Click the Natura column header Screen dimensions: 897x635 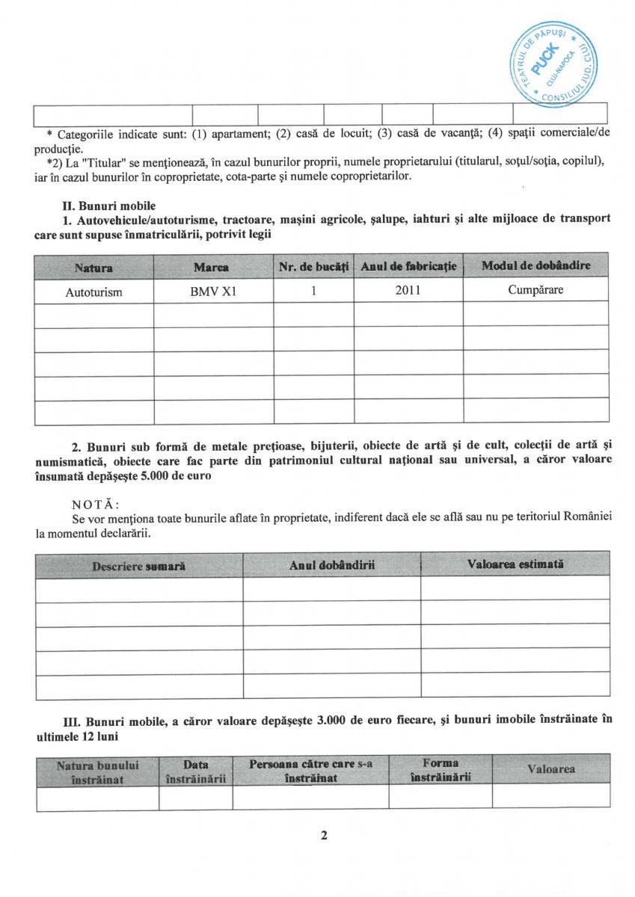(x=93, y=267)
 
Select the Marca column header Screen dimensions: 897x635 (x=213, y=267)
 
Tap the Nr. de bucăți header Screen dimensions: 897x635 (x=313, y=267)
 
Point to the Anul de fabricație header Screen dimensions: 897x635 (x=408, y=267)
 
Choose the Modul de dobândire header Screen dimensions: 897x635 (x=536, y=266)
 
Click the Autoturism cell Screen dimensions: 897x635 (x=93, y=292)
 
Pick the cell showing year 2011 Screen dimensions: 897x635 (x=408, y=291)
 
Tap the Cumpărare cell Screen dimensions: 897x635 (x=536, y=291)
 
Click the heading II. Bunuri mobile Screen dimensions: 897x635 (x=110, y=204)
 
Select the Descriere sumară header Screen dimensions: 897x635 (x=139, y=566)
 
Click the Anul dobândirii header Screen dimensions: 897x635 (x=331, y=566)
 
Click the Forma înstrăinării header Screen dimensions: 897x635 (x=441, y=771)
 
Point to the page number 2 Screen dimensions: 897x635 (x=325, y=836)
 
